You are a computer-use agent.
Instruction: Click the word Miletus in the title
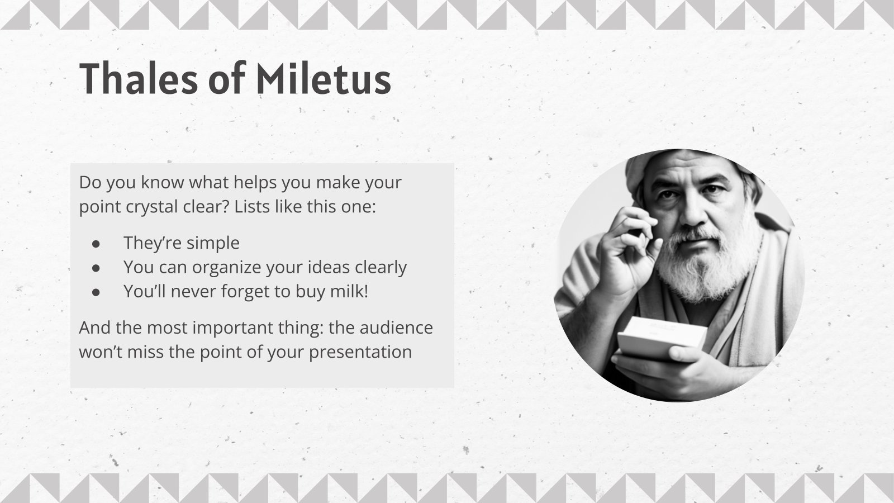[x=323, y=78]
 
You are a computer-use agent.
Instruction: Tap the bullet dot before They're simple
[x=96, y=244]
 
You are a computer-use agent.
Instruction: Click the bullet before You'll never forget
[x=96, y=292]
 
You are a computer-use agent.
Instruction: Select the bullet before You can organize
[x=96, y=268]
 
